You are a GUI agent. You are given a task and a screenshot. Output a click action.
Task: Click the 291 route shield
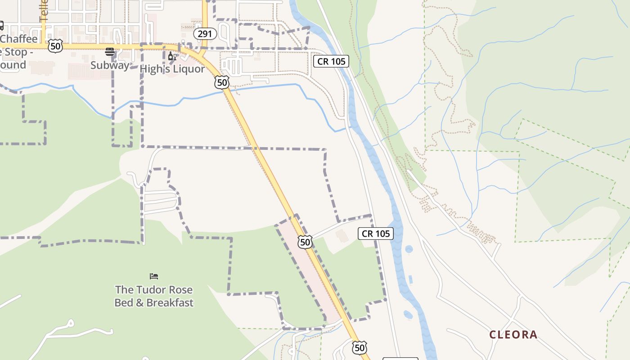(x=205, y=34)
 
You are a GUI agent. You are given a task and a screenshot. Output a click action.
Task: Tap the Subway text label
(x=109, y=65)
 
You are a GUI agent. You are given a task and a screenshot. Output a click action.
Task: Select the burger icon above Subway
(x=110, y=51)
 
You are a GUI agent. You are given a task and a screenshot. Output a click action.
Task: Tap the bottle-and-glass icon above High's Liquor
(x=172, y=56)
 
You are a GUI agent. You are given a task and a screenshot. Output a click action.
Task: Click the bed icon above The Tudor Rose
(x=154, y=276)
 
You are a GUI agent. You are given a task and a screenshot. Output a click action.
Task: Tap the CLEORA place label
(x=513, y=335)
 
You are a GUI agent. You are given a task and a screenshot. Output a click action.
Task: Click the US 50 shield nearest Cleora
(x=359, y=347)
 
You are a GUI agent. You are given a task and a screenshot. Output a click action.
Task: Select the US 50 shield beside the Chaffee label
(x=55, y=45)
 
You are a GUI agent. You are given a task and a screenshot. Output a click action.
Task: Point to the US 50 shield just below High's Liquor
(x=222, y=82)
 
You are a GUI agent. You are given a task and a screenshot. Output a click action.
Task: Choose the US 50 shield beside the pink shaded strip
(x=305, y=242)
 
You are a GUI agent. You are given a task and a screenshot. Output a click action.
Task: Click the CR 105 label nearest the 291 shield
(x=331, y=61)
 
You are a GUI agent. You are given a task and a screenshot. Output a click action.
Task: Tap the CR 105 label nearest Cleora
(x=376, y=233)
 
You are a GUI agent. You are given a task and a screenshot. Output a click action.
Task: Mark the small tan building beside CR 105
(x=342, y=236)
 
